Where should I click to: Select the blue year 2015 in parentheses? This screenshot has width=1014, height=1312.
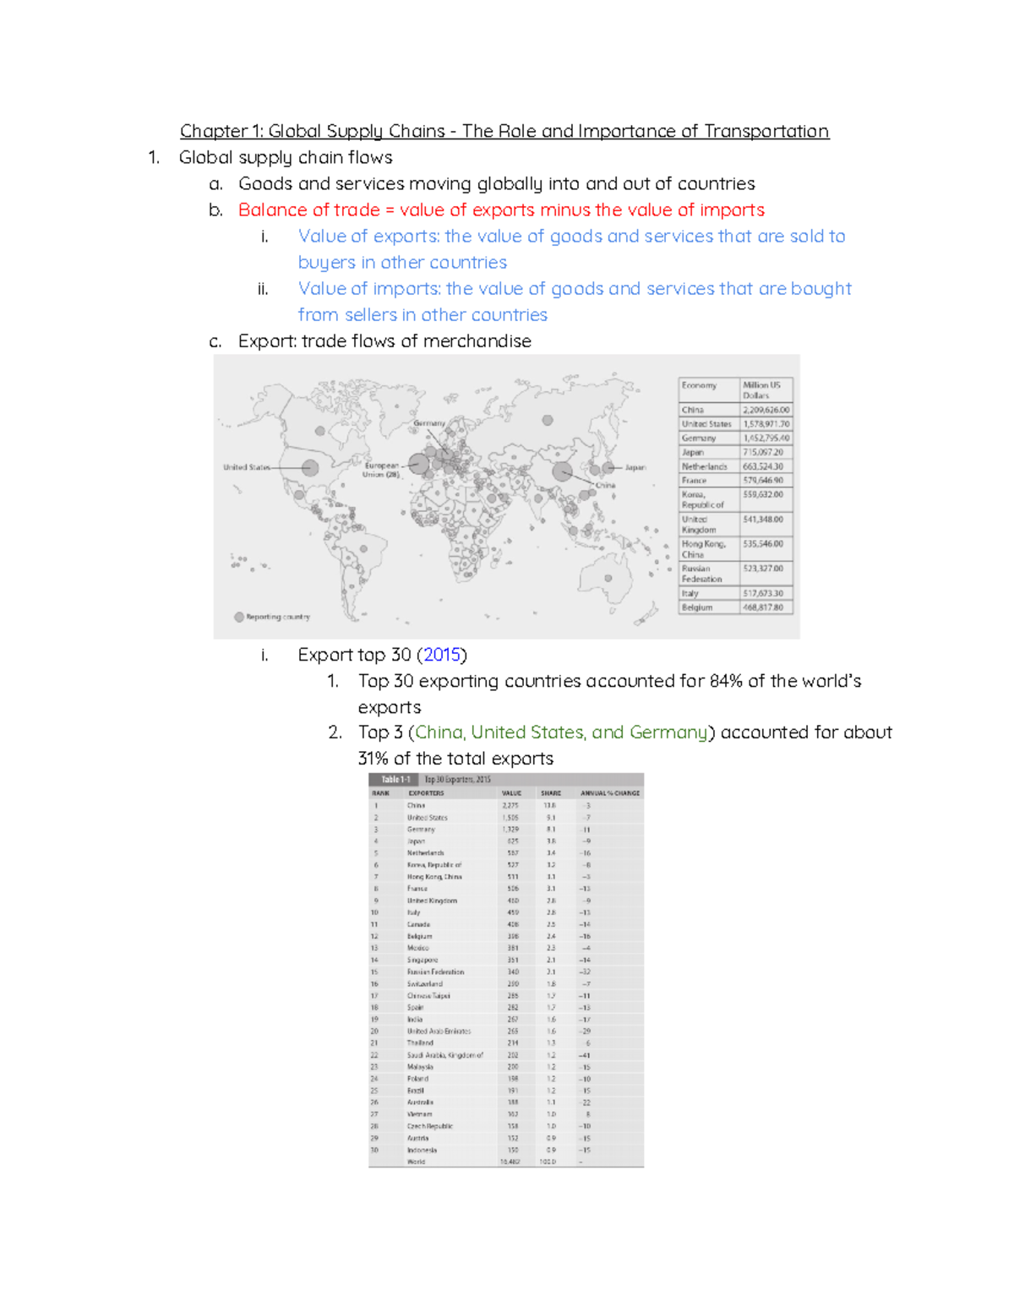coord(442,655)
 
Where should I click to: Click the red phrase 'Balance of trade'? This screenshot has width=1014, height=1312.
coord(308,210)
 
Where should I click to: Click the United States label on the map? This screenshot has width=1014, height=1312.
coord(246,467)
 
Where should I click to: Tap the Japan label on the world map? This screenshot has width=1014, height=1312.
coord(635,467)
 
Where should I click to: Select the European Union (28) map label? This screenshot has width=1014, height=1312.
coord(381,470)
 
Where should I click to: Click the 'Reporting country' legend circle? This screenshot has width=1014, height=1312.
coord(239,617)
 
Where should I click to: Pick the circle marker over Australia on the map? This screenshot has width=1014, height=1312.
coord(608,579)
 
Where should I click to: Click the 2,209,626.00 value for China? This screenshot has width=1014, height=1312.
coord(766,410)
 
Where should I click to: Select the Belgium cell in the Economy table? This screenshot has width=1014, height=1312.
coord(697,607)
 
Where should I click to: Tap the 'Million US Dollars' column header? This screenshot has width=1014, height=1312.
coord(761,389)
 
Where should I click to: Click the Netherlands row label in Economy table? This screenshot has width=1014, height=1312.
coord(704,466)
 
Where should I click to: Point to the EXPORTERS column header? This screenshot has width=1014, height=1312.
coord(426,793)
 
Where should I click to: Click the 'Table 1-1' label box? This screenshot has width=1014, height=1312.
coord(395,780)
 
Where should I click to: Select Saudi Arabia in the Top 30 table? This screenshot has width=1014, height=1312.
coord(444,1055)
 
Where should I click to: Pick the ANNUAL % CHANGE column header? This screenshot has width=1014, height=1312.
coord(609,793)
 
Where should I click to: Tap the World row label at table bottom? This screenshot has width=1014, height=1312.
coord(416,1162)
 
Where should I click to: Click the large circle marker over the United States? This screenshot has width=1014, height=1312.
coord(310,467)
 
